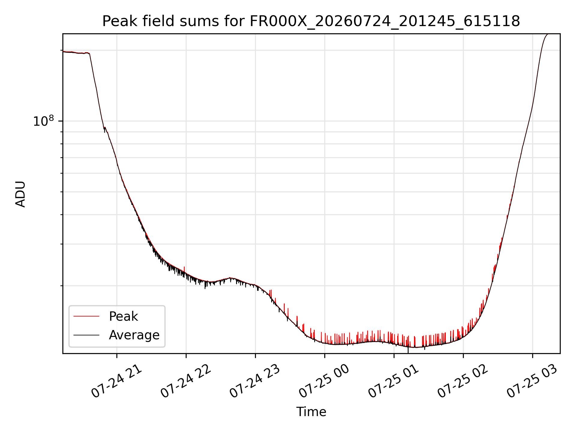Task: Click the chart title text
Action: pyautogui.click(x=311, y=21)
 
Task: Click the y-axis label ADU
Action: pyautogui.click(x=20, y=194)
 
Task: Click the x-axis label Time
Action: pyautogui.click(x=311, y=412)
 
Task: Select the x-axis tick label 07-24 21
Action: pyautogui.click(x=117, y=381)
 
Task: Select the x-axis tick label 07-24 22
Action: pyautogui.click(x=186, y=381)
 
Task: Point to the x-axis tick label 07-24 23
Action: pyautogui.click(x=255, y=381)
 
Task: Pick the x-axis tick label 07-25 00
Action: pyautogui.click(x=325, y=381)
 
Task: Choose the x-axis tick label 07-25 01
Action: pyautogui.click(x=394, y=381)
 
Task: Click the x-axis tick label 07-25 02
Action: pyautogui.click(x=463, y=381)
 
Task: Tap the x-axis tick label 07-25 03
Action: pyautogui.click(x=532, y=381)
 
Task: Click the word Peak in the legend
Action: pyautogui.click(x=123, y=316)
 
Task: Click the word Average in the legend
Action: pyautogui.click(x=134, y=335)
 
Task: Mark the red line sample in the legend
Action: pyautogui.click(x=86, y=316)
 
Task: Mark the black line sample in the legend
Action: pyautogui.click(x=86, y=335)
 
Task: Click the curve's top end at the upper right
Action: pyautogui.click(x=548, y=34)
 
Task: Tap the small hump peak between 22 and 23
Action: pyautogui.click(x=230, y=278)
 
